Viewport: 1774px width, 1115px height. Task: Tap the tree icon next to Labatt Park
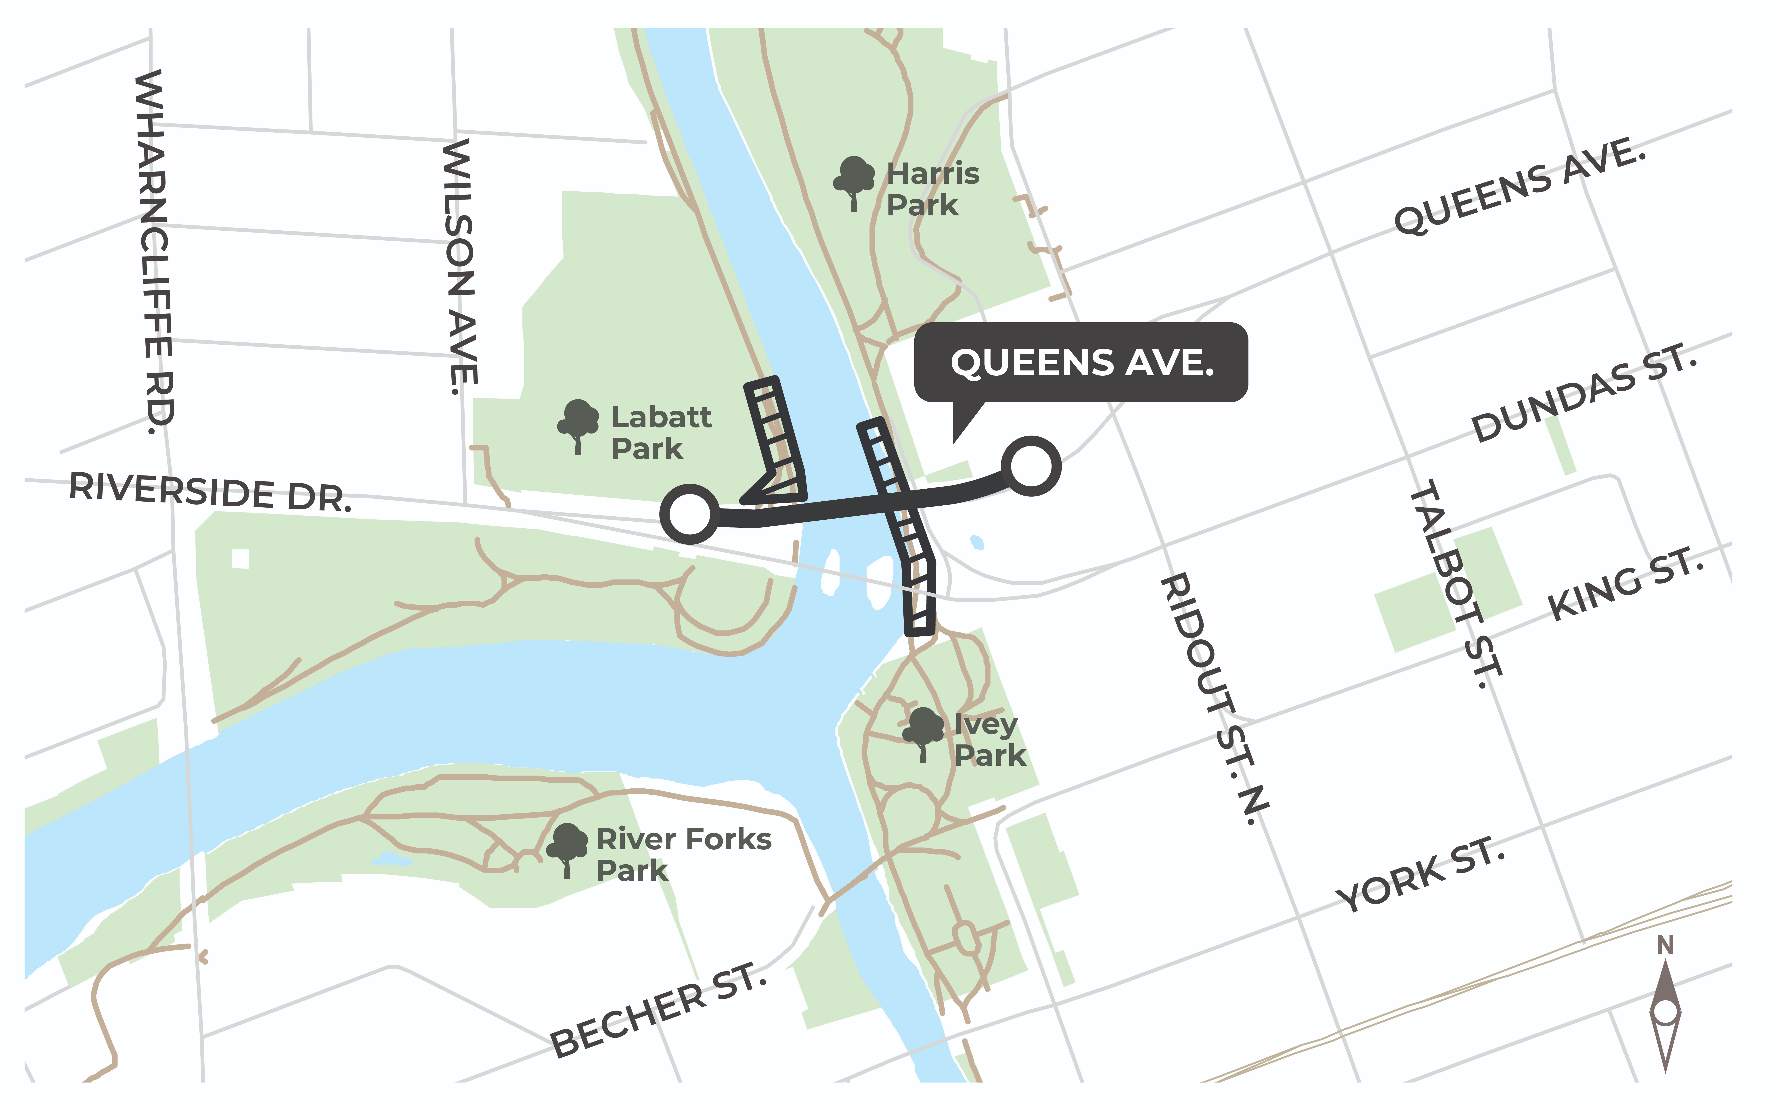pyautogui.click(x=578, y=426)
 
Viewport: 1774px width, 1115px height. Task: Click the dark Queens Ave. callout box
pyautogui.click(x=1081, y=362)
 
